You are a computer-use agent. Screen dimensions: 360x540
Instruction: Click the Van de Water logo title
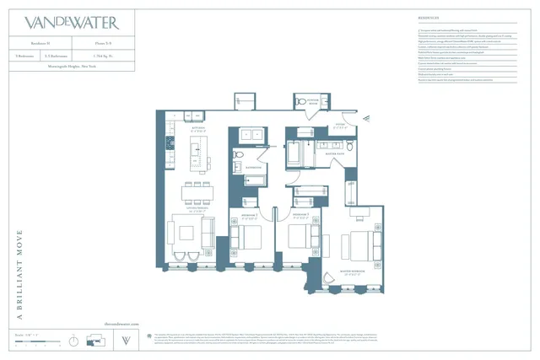[72, 23]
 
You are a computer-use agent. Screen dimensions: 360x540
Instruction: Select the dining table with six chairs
[197, 192]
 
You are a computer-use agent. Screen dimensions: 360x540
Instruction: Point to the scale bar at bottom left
[37, 342]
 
